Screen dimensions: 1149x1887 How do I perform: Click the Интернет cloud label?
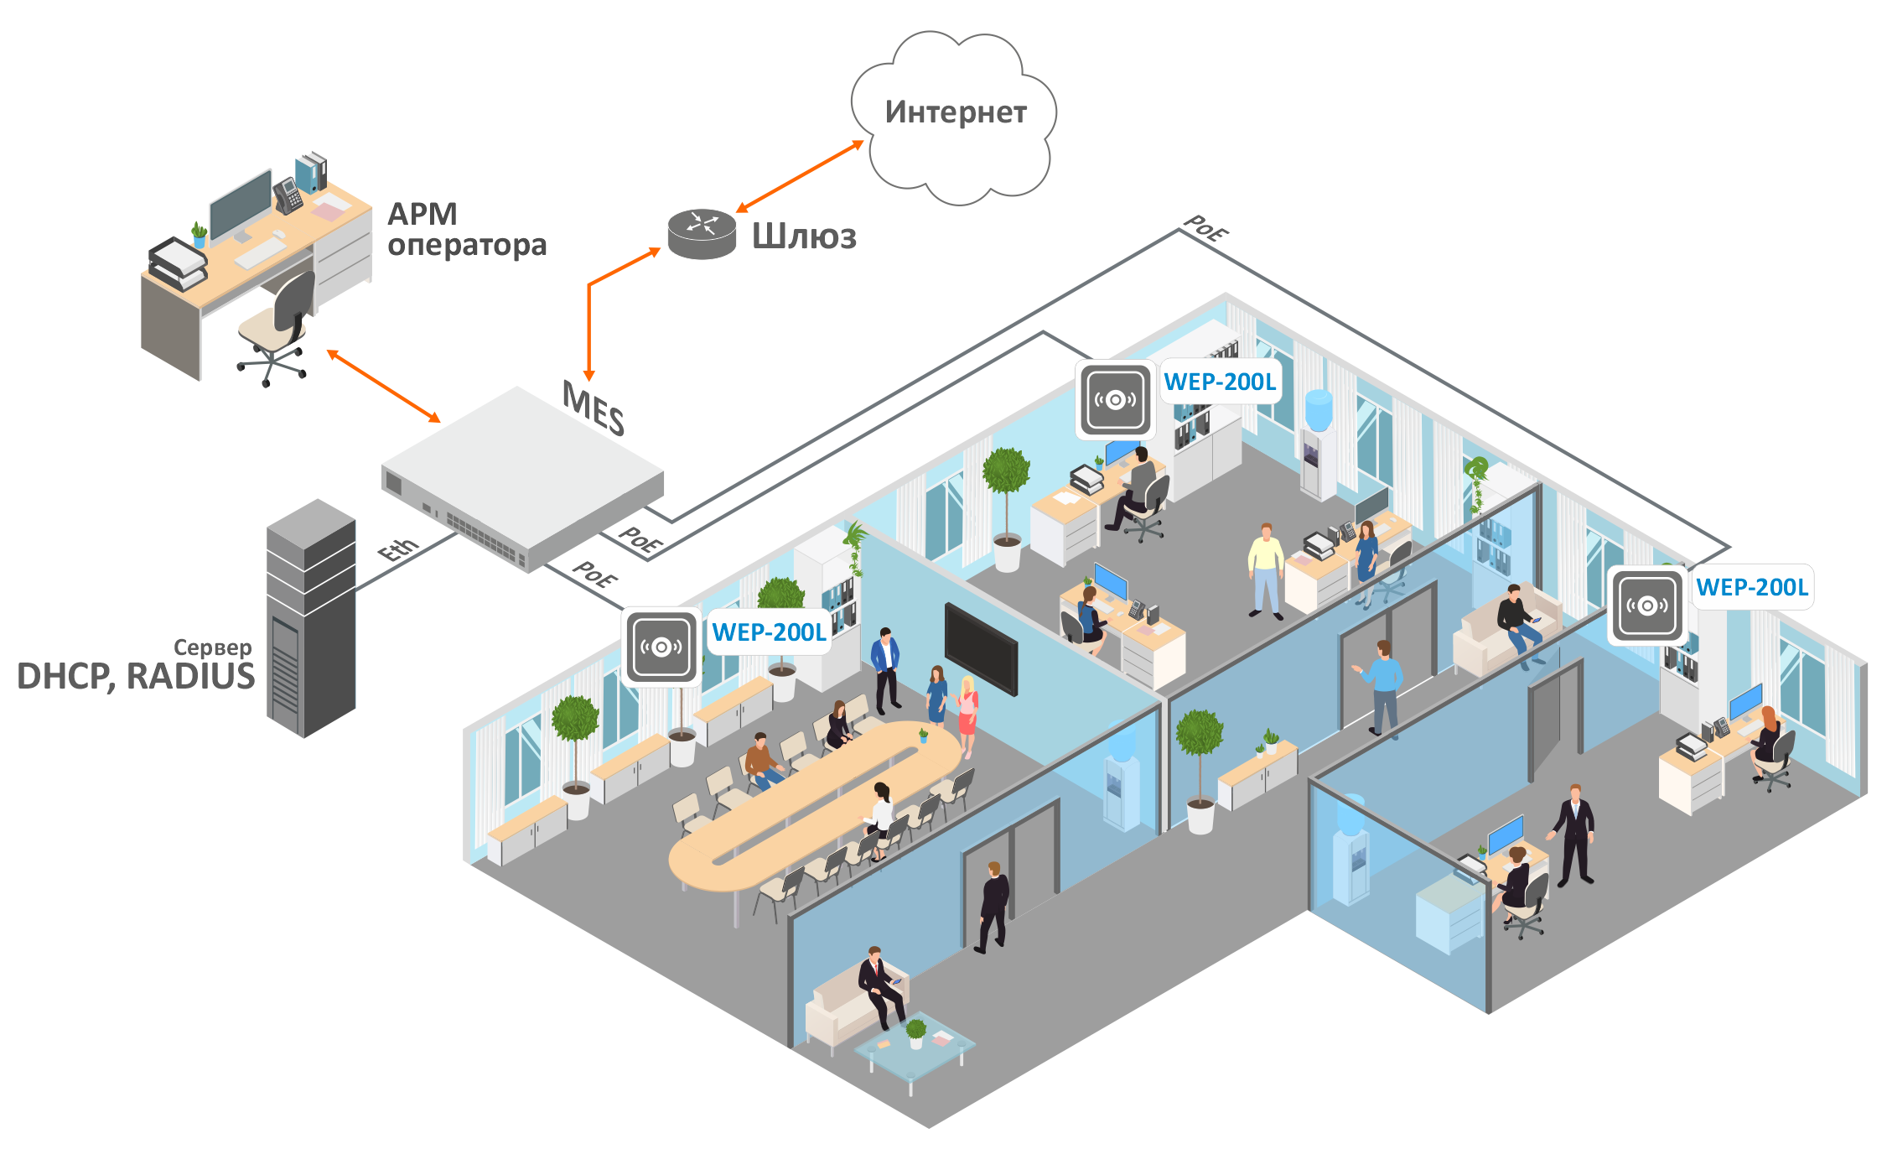956,112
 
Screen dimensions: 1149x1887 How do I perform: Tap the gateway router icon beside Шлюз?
702,233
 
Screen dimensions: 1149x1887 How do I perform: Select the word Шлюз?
804,237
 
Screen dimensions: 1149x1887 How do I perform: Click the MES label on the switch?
594,408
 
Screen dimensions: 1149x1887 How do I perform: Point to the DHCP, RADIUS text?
136,677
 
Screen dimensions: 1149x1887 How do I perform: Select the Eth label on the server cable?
398,549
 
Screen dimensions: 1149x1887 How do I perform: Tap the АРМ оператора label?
465,230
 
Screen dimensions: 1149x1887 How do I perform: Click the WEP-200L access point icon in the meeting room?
661,647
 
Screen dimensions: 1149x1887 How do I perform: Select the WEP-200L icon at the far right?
1647,605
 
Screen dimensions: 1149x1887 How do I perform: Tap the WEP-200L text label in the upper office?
1220,382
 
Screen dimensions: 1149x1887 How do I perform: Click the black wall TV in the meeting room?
981,648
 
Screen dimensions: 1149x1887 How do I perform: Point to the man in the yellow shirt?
1265,570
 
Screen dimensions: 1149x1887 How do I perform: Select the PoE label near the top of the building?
1205,228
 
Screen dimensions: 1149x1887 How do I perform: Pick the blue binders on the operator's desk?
311,172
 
